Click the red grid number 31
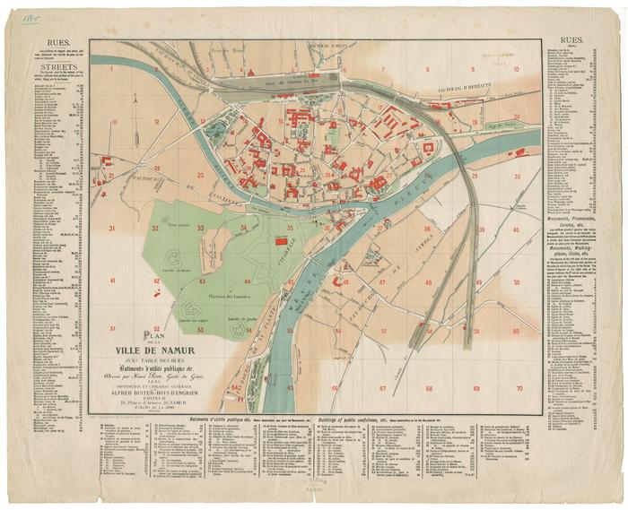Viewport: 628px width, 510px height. pyautogui.click(x=112, y=230)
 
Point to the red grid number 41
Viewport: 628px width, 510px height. pyautogui.click(x=113, y=281)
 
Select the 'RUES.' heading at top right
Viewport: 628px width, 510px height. pyautogui.click(x=571, y=41)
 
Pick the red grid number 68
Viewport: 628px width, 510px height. pyautogui.click(x=429, y=388)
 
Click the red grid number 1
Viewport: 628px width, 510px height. pyautogui.click(x=112, y=68)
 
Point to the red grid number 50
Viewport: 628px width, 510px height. pyautogui.click(x=518, y=281)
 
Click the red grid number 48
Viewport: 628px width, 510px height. pyautogui.click(x=429, y=281)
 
